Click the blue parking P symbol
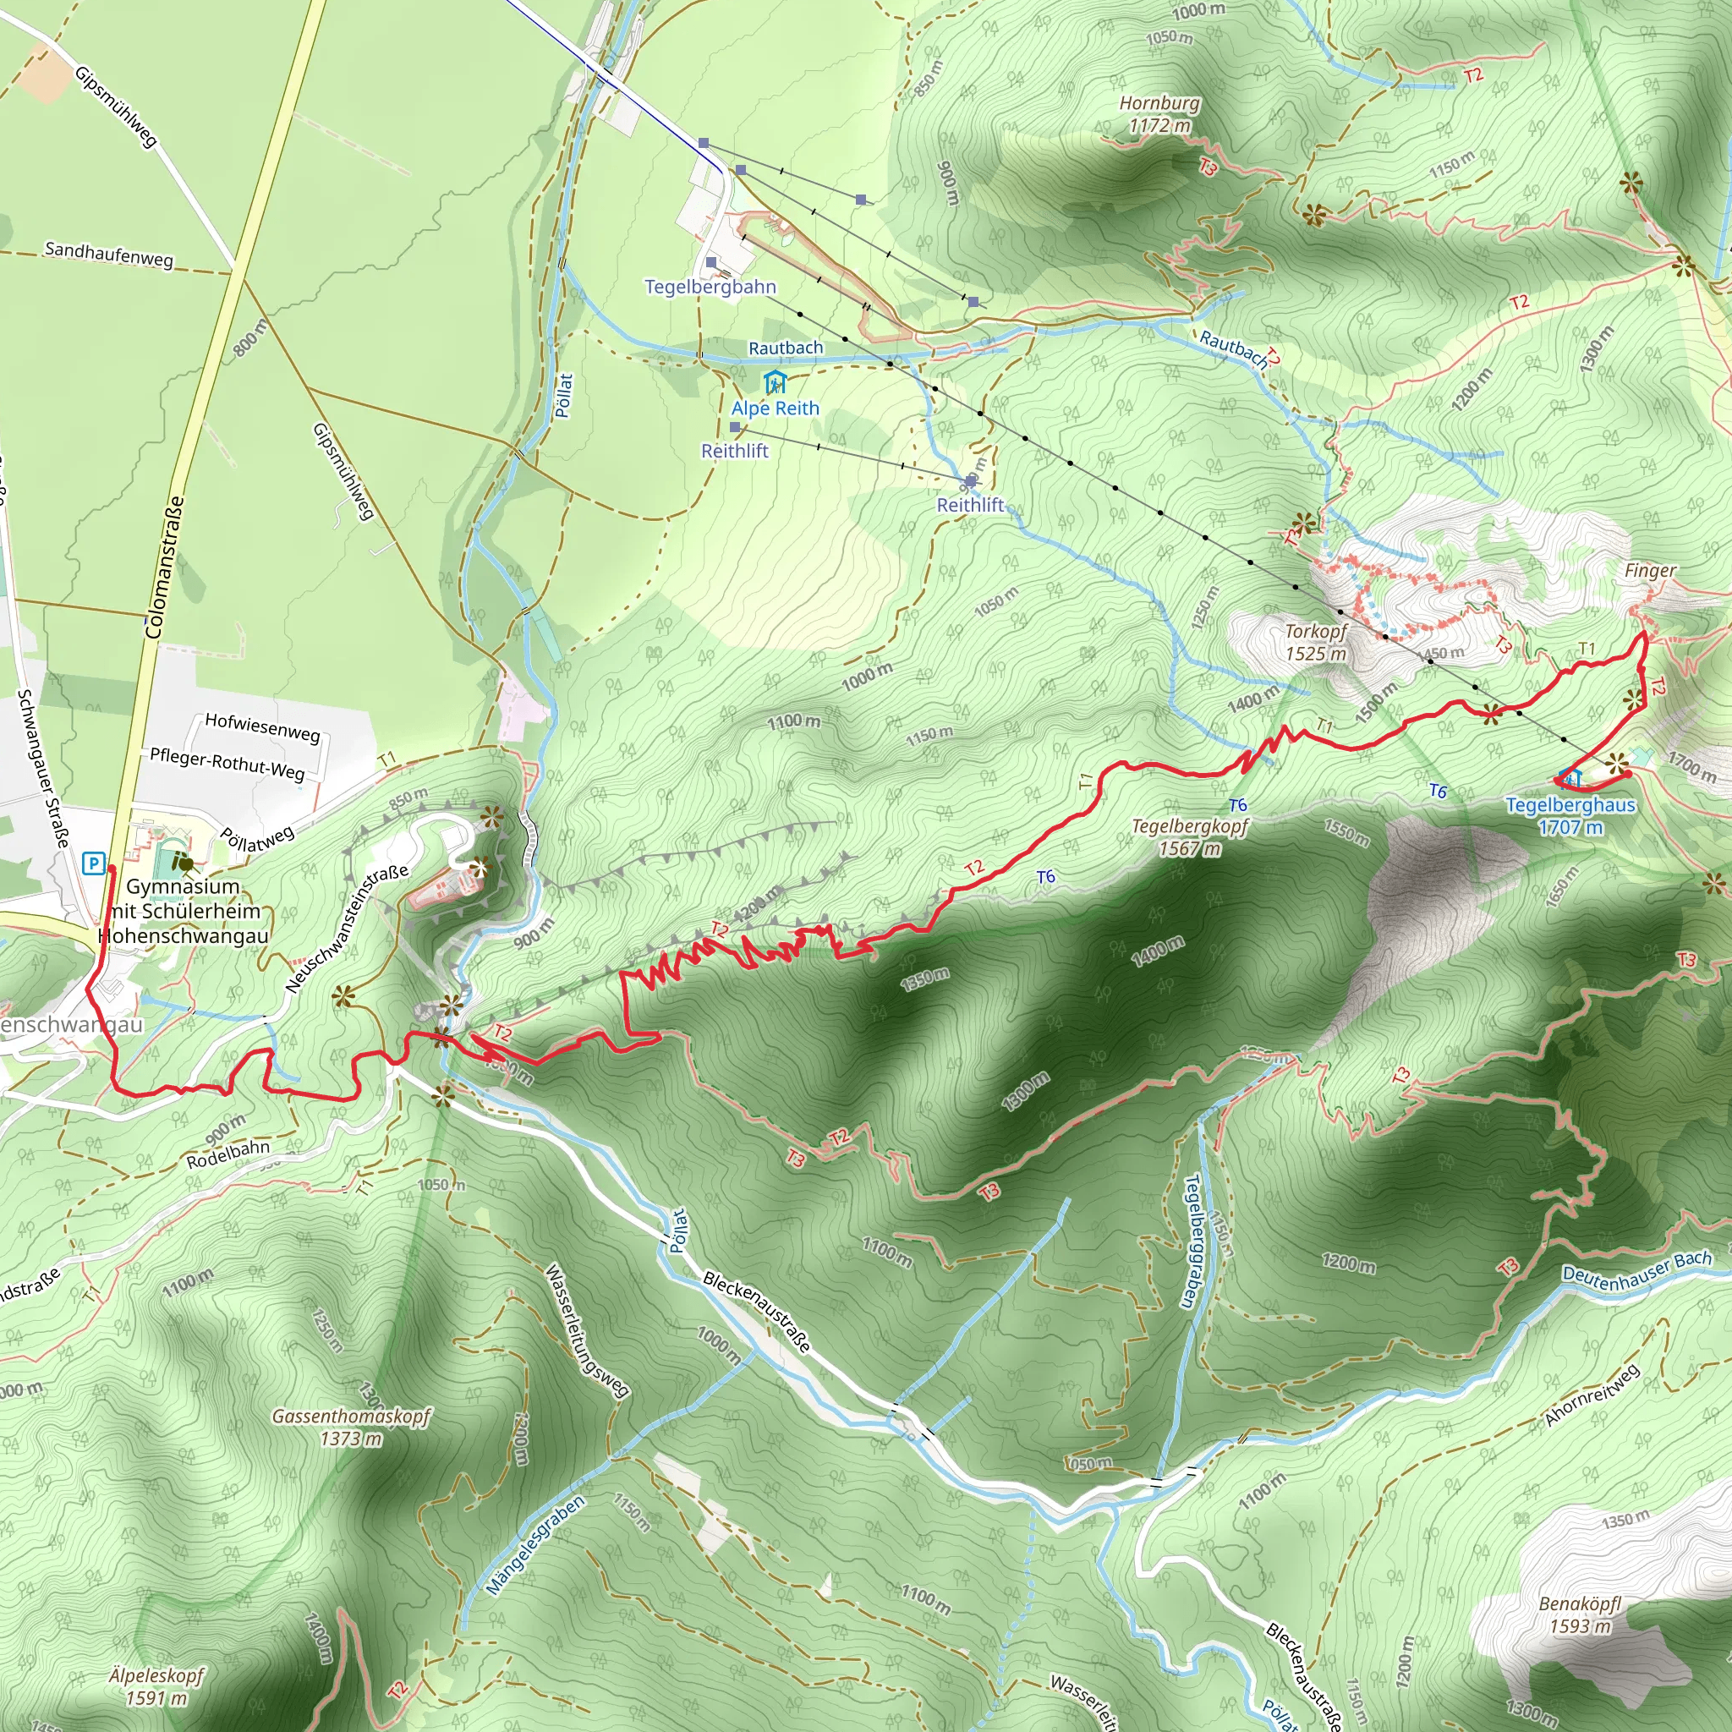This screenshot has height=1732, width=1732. point(93,863)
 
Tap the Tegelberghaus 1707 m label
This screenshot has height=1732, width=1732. point(1570,816)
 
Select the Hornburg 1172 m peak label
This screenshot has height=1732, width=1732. point(1159,114)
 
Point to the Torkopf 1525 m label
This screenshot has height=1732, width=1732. point(1315,642)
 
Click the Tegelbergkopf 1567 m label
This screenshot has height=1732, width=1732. point(1190,836)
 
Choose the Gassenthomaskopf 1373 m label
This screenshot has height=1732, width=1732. point(352,1428)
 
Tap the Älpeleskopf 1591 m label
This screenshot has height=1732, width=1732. point(157,1685)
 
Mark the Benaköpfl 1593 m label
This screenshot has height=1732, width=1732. point(1581,1614)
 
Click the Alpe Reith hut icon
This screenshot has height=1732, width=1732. point(775,383)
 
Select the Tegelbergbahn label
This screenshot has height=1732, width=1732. point(710,287)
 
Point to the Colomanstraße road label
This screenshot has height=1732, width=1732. point(164,567)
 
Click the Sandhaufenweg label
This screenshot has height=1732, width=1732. point(108,255)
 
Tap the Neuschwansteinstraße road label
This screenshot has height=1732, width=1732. point(347,928)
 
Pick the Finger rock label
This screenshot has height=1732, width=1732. point(1649,570)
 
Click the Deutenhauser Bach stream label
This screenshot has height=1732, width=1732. point(1637,1270)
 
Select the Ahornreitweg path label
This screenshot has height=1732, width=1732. point(1592,1395)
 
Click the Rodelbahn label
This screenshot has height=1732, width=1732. point(227,1154)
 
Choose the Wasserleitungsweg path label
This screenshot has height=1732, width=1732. point(587,1330)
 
